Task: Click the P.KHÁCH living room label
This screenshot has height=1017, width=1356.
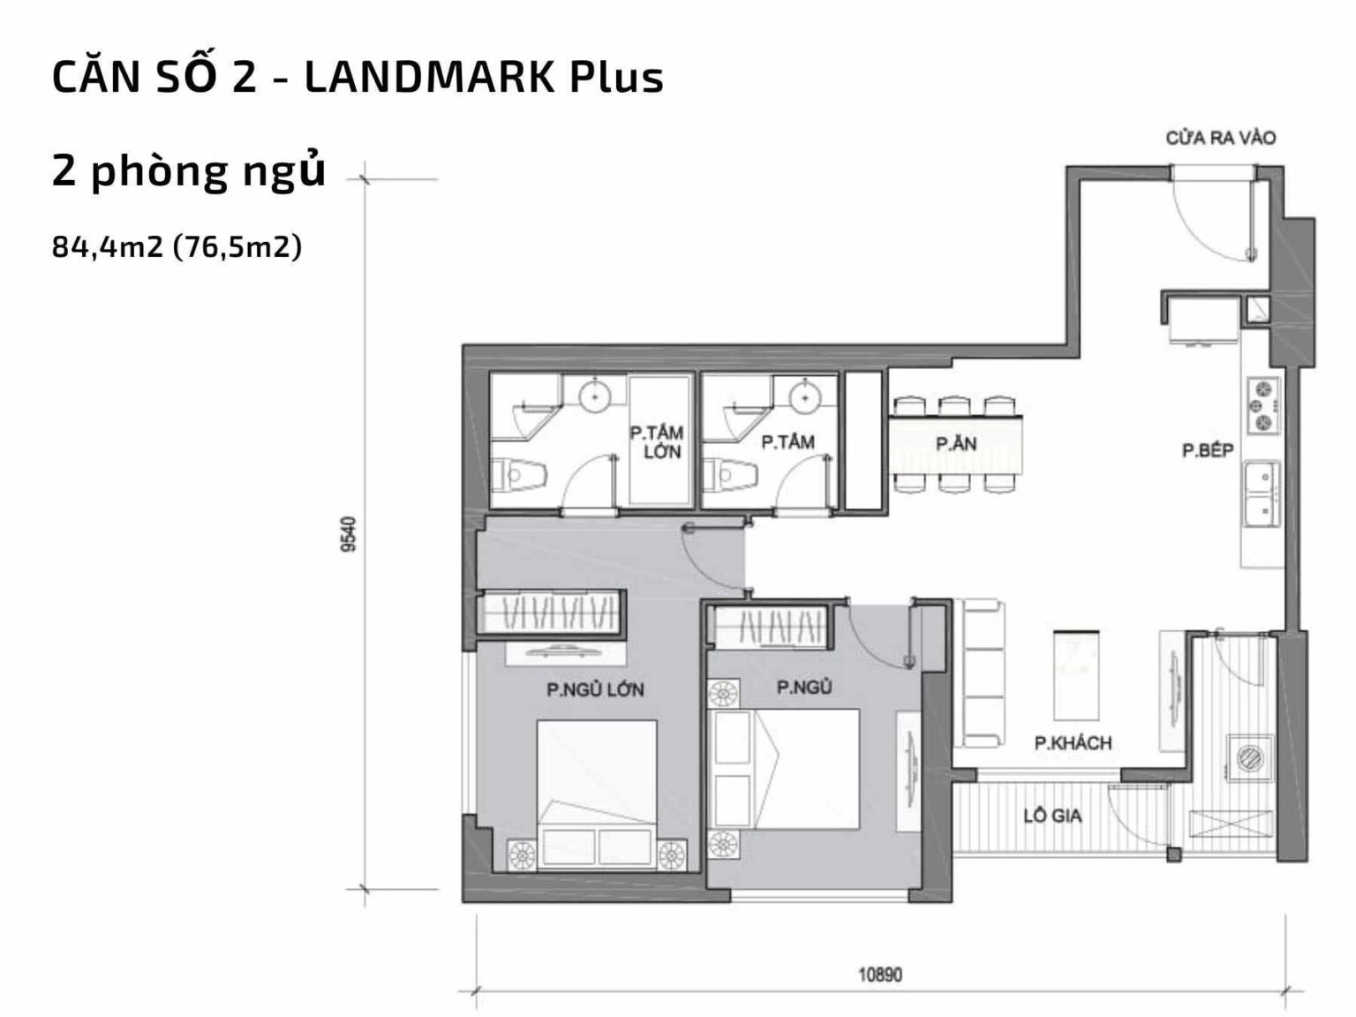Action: tap(1073, 742)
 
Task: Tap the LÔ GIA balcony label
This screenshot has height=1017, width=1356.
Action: tap(1052, 816)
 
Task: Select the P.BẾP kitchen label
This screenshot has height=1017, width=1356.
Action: tap(1208, 451)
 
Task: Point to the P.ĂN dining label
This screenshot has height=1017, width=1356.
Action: tap(956, 444)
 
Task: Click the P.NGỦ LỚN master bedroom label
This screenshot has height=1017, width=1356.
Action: tap(595, 689)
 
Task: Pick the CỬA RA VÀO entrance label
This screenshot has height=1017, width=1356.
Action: tap(1220, 138)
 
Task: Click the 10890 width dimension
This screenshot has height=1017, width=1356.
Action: tap(880, 975)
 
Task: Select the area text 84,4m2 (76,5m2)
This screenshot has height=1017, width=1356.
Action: tap(177, 247)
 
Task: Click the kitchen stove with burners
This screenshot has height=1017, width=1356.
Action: tap(1262, 405)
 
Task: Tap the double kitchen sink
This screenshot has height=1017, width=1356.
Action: tap(1261, 494)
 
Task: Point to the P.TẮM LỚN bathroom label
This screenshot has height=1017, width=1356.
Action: tap(656, 441)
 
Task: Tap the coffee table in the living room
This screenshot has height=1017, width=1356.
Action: tap(1076, 675)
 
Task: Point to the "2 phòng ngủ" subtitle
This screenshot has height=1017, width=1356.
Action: tap(189, 171)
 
